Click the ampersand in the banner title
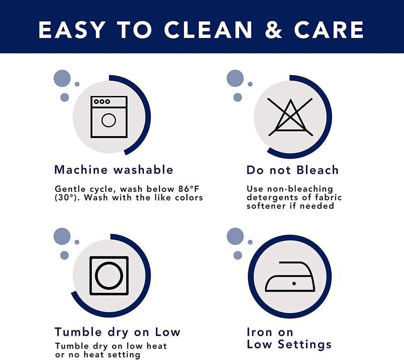274,30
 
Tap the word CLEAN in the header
208,30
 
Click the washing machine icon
109,117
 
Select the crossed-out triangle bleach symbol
290,117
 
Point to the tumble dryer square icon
109,276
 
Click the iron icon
290,276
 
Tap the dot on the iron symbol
294,283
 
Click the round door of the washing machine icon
109,120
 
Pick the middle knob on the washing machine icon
102,101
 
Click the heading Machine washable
114,170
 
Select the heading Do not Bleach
292,170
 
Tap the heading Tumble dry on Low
118,332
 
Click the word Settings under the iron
305,345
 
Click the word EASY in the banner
72,30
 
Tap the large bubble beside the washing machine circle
62,79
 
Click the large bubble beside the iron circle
235,236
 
